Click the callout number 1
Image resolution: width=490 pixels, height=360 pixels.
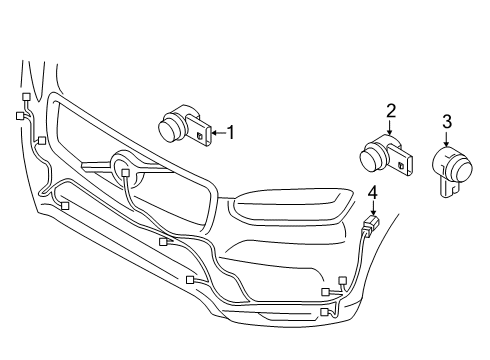230,130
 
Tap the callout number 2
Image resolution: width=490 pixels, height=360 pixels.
392,110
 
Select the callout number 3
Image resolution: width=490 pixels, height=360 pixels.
447,122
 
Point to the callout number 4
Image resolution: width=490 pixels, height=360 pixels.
372,193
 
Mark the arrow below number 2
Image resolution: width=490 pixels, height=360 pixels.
392,125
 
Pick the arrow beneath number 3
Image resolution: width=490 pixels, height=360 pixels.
447,138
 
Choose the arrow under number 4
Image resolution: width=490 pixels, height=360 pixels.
372,207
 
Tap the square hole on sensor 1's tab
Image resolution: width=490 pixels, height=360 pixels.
201,133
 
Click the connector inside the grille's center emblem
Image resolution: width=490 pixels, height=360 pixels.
125,173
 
